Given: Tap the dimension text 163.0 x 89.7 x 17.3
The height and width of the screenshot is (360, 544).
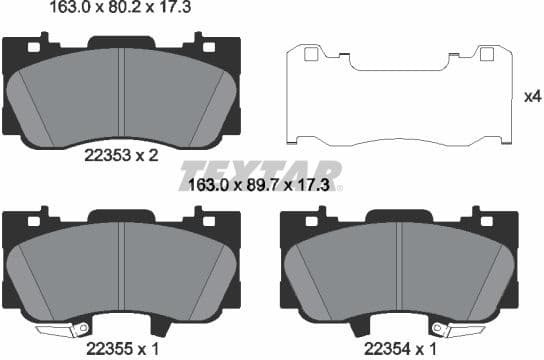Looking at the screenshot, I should click(x=263, y=185).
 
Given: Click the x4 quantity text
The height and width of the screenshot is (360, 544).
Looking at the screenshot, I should click(x=532, y=97).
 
